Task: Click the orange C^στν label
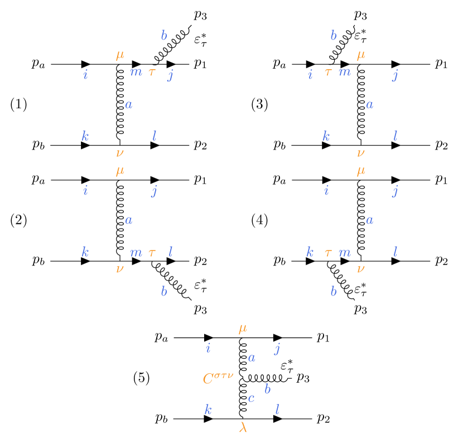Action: click(x=218, y=378)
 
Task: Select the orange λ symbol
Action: click(x=243, y=427)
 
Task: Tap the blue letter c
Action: click(x=251, y=398)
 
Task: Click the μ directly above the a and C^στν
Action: click(x=243, y=329)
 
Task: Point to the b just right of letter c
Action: click(x=268, y=389)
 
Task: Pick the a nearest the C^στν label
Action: click(x=252, y=358)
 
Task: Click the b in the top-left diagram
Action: click(x=163, y=36)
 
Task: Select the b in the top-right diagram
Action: click(x=333, y=36)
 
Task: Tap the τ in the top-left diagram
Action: click(x=152, y=72)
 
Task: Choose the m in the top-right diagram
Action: click(x=345, y=72)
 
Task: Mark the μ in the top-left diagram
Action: click(x=120, y=55)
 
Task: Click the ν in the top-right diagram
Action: click(x=361, y=152)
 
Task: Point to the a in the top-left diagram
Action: click(x=129, y=104)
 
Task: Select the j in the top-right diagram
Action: click(x=395, y=75)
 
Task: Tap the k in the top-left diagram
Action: click(x=85, y=136)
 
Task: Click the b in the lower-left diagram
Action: click(x=163, y=291)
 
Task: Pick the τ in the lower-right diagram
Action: click(x=328, y=253)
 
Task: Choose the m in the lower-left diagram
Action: click(x=136, y=252)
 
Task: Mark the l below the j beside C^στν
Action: click(x=277, y=410)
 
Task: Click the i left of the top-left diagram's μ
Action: click(x=85, y=74)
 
